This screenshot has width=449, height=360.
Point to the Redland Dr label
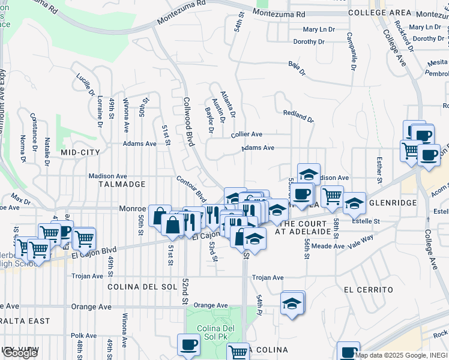point(298,115)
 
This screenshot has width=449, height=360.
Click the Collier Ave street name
point(247,134)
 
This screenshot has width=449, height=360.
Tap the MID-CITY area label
point(80,152)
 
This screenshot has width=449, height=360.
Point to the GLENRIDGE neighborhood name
point(393,203)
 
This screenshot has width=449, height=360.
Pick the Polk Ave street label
point(83,335)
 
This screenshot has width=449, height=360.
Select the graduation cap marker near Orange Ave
point(292,303)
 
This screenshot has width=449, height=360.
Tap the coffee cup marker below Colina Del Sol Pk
point(188,344)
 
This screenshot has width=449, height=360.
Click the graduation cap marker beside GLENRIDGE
point(354,203)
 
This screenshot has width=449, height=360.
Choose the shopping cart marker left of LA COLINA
point(238,352)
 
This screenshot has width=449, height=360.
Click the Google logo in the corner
point(20,353)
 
